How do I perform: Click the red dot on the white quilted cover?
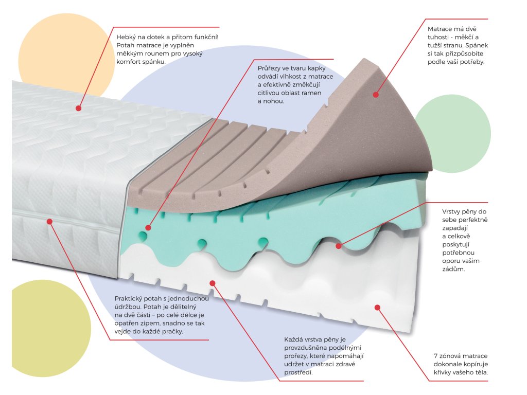click(79, 108)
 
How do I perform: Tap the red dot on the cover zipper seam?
click(50, 222)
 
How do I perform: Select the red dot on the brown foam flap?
click(376, 95)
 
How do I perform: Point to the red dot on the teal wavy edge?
click(339, 246)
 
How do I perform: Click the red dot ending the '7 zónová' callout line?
click(377, 307)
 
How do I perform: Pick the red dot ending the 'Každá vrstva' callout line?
click(213, 282)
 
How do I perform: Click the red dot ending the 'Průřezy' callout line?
click(148, 227)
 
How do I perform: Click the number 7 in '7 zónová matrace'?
click(436, 356)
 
